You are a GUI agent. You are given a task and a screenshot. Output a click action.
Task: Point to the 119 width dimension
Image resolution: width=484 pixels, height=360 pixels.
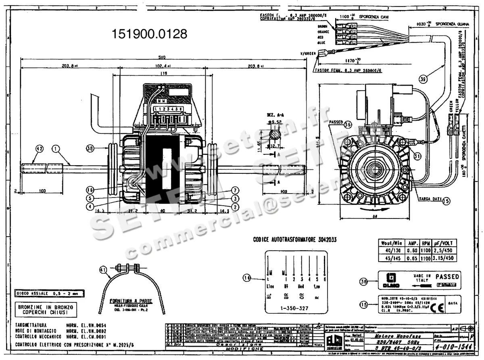click(163, 73)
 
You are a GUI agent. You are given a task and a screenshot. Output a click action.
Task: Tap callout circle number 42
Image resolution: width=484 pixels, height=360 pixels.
click(39, 148)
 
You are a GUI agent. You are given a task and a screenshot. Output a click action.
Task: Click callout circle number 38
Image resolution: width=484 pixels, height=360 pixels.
click(90, 148)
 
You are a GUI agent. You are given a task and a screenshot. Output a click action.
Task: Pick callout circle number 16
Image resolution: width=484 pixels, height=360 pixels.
click(90, 189)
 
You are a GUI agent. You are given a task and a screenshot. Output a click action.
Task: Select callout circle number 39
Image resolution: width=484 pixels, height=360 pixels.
click(423, 79)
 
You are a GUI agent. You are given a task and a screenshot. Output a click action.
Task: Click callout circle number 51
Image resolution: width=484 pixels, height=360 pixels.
click(417, 156)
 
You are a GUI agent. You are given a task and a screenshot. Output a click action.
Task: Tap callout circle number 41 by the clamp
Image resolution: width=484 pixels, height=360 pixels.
click(103, 270)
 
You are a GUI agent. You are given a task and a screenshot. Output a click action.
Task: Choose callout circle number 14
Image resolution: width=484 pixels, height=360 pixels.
click(246, 277)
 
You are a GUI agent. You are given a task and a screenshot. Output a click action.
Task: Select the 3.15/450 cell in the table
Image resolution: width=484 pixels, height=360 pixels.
click(443, 258)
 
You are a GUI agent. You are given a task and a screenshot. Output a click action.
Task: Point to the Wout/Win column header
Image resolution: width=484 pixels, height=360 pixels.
click(391, 243)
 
